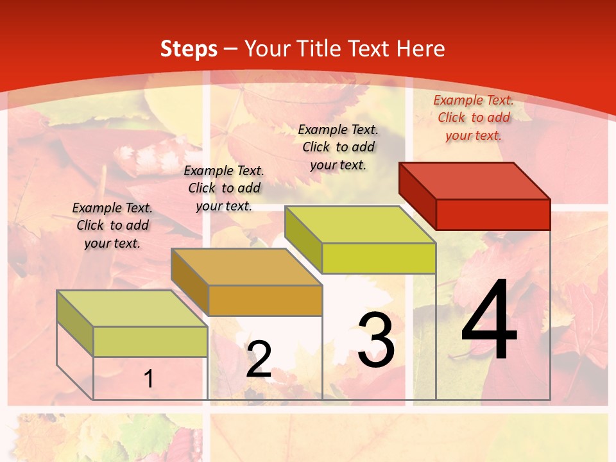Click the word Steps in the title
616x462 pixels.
tap(188, 49)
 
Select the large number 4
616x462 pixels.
tap(489, 322)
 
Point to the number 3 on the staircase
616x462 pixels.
tap(376, 340)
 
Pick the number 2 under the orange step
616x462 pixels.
tap(259, 359)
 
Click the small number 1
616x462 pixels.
tap(149, 379)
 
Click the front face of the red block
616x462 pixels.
tap(493, 214)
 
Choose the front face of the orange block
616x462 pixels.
tap(265, 300)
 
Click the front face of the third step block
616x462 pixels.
tap(379, 258)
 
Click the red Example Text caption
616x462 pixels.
tap(474, 117)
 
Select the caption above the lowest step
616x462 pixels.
tap(112, 225)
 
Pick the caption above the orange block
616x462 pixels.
tap(224, 188)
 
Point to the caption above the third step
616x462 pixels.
tap(338, 147)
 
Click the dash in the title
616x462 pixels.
tap(231, 49)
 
